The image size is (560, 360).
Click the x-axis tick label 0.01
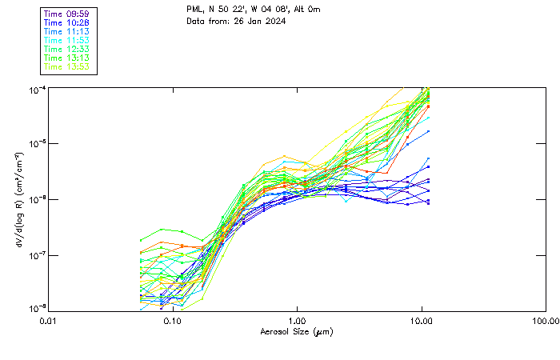coord(49,321)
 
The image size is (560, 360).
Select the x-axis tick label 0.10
coord(173,321)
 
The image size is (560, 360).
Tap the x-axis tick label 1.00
coord(297,321)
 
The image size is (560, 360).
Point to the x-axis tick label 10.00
coord(421,321)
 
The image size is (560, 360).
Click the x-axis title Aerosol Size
coord(296,331)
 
